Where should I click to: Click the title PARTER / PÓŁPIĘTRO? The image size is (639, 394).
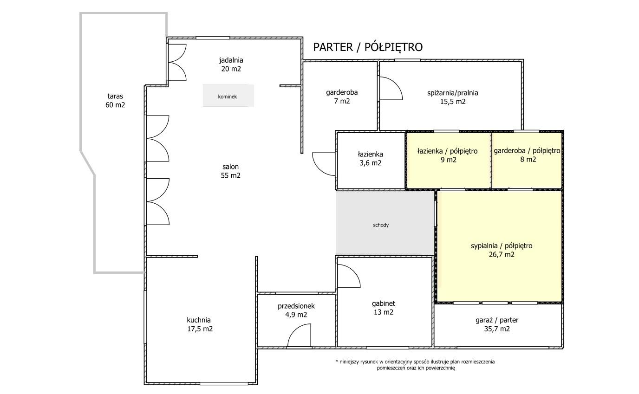(368, 47)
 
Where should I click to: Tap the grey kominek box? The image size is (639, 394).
(228, 96)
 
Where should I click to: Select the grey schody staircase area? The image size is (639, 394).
(385, 223)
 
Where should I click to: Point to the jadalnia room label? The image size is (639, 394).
(231, 60)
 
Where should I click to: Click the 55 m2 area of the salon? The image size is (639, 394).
(230, 175)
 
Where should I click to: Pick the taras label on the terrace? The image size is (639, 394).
(115, 96)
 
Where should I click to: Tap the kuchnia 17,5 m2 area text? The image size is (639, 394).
(200, 329)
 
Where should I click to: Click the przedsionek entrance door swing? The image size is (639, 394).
(299, 335)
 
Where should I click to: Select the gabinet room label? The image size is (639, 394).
(384, 304)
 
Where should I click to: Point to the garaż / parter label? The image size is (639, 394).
(497, 320)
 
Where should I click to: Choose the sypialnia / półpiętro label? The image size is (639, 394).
(502, 246)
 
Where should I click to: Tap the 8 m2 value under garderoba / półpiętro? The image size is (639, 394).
(528, 159)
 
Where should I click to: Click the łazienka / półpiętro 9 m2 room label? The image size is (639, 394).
(448, 155)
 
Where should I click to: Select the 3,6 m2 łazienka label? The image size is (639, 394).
(370, 163)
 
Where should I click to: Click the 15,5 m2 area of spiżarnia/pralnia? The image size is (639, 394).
(453, 102)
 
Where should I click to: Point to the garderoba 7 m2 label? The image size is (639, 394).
(342, 97)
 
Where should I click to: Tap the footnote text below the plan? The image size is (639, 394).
(415, 365)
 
